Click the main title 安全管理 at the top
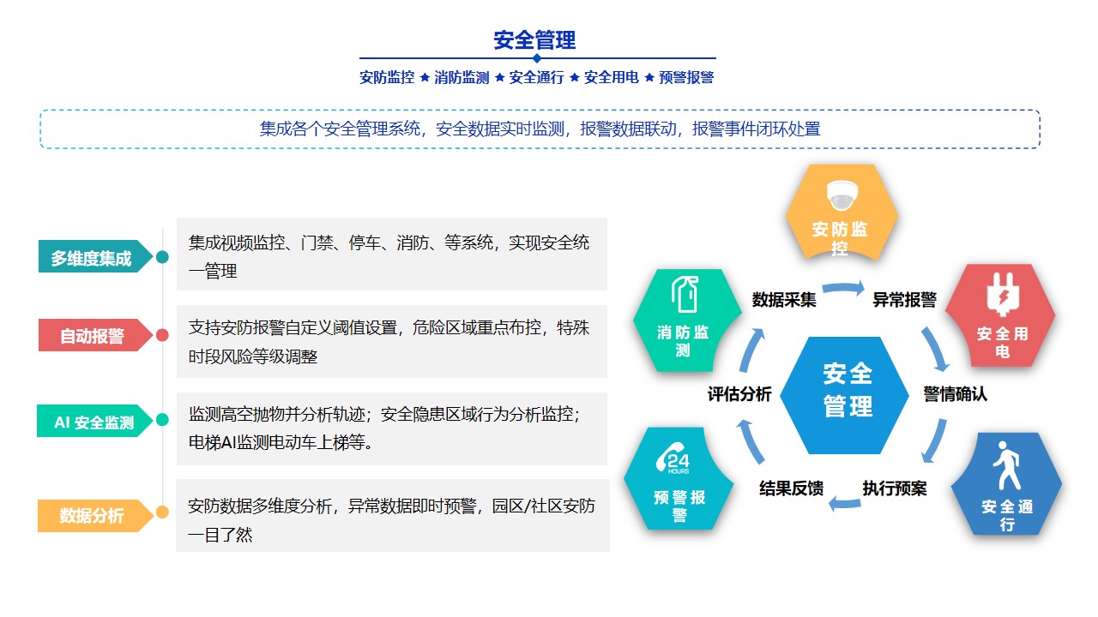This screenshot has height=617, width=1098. [x=534, y=40]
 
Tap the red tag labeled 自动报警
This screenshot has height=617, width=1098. [x=95, y=335]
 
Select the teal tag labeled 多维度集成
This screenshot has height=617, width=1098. [x=95, y=256]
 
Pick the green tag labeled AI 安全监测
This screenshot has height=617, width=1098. [x=94, y=421]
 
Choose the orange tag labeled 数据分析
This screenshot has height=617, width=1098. [x=95, y=516]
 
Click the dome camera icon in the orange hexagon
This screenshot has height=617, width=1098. [x=842, y=195]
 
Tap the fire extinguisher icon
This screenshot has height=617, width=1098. [x=685, y=294]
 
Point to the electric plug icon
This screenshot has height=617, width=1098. [x=1003, y=294]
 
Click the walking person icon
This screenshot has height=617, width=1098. [x=1007, y=465]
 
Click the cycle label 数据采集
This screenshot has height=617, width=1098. [x=784, y=300]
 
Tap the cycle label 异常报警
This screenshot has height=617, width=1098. [x=905, y=300]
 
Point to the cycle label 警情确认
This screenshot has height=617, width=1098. [x=956, y=393]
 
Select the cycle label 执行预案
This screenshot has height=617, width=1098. [x=895, y=488]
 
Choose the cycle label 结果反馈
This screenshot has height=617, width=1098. [x=792, y=488]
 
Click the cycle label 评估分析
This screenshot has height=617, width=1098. [x=739, y=393]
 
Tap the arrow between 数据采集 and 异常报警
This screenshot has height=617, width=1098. [x=843, y=287]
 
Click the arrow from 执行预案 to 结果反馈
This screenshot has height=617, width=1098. [x=844, y=504]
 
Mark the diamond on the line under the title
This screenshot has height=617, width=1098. [x=537, y=58]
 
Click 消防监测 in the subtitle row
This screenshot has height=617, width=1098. [x=462, y=77]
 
